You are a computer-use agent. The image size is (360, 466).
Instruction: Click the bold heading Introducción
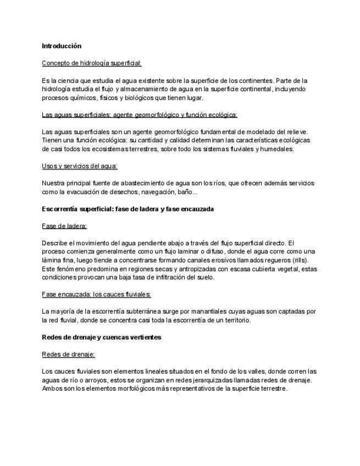[x=62, y=46]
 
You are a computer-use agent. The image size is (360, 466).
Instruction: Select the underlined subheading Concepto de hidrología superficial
[x=92, y=63]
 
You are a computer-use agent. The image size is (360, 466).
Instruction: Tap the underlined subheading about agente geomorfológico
[x=140, y=115]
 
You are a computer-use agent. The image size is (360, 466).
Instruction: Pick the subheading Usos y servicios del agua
[x=80, y=166]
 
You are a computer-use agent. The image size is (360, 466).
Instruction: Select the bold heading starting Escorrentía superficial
[x=128, y=209]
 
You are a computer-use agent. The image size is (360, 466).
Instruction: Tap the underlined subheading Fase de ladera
[x=64, y=226]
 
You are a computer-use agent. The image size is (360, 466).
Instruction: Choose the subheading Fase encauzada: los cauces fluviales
[x=96, y=295]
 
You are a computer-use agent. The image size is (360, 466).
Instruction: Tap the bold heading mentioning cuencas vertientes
[x=102, y=337]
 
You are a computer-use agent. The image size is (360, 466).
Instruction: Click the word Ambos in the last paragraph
[x=52, y=389]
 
